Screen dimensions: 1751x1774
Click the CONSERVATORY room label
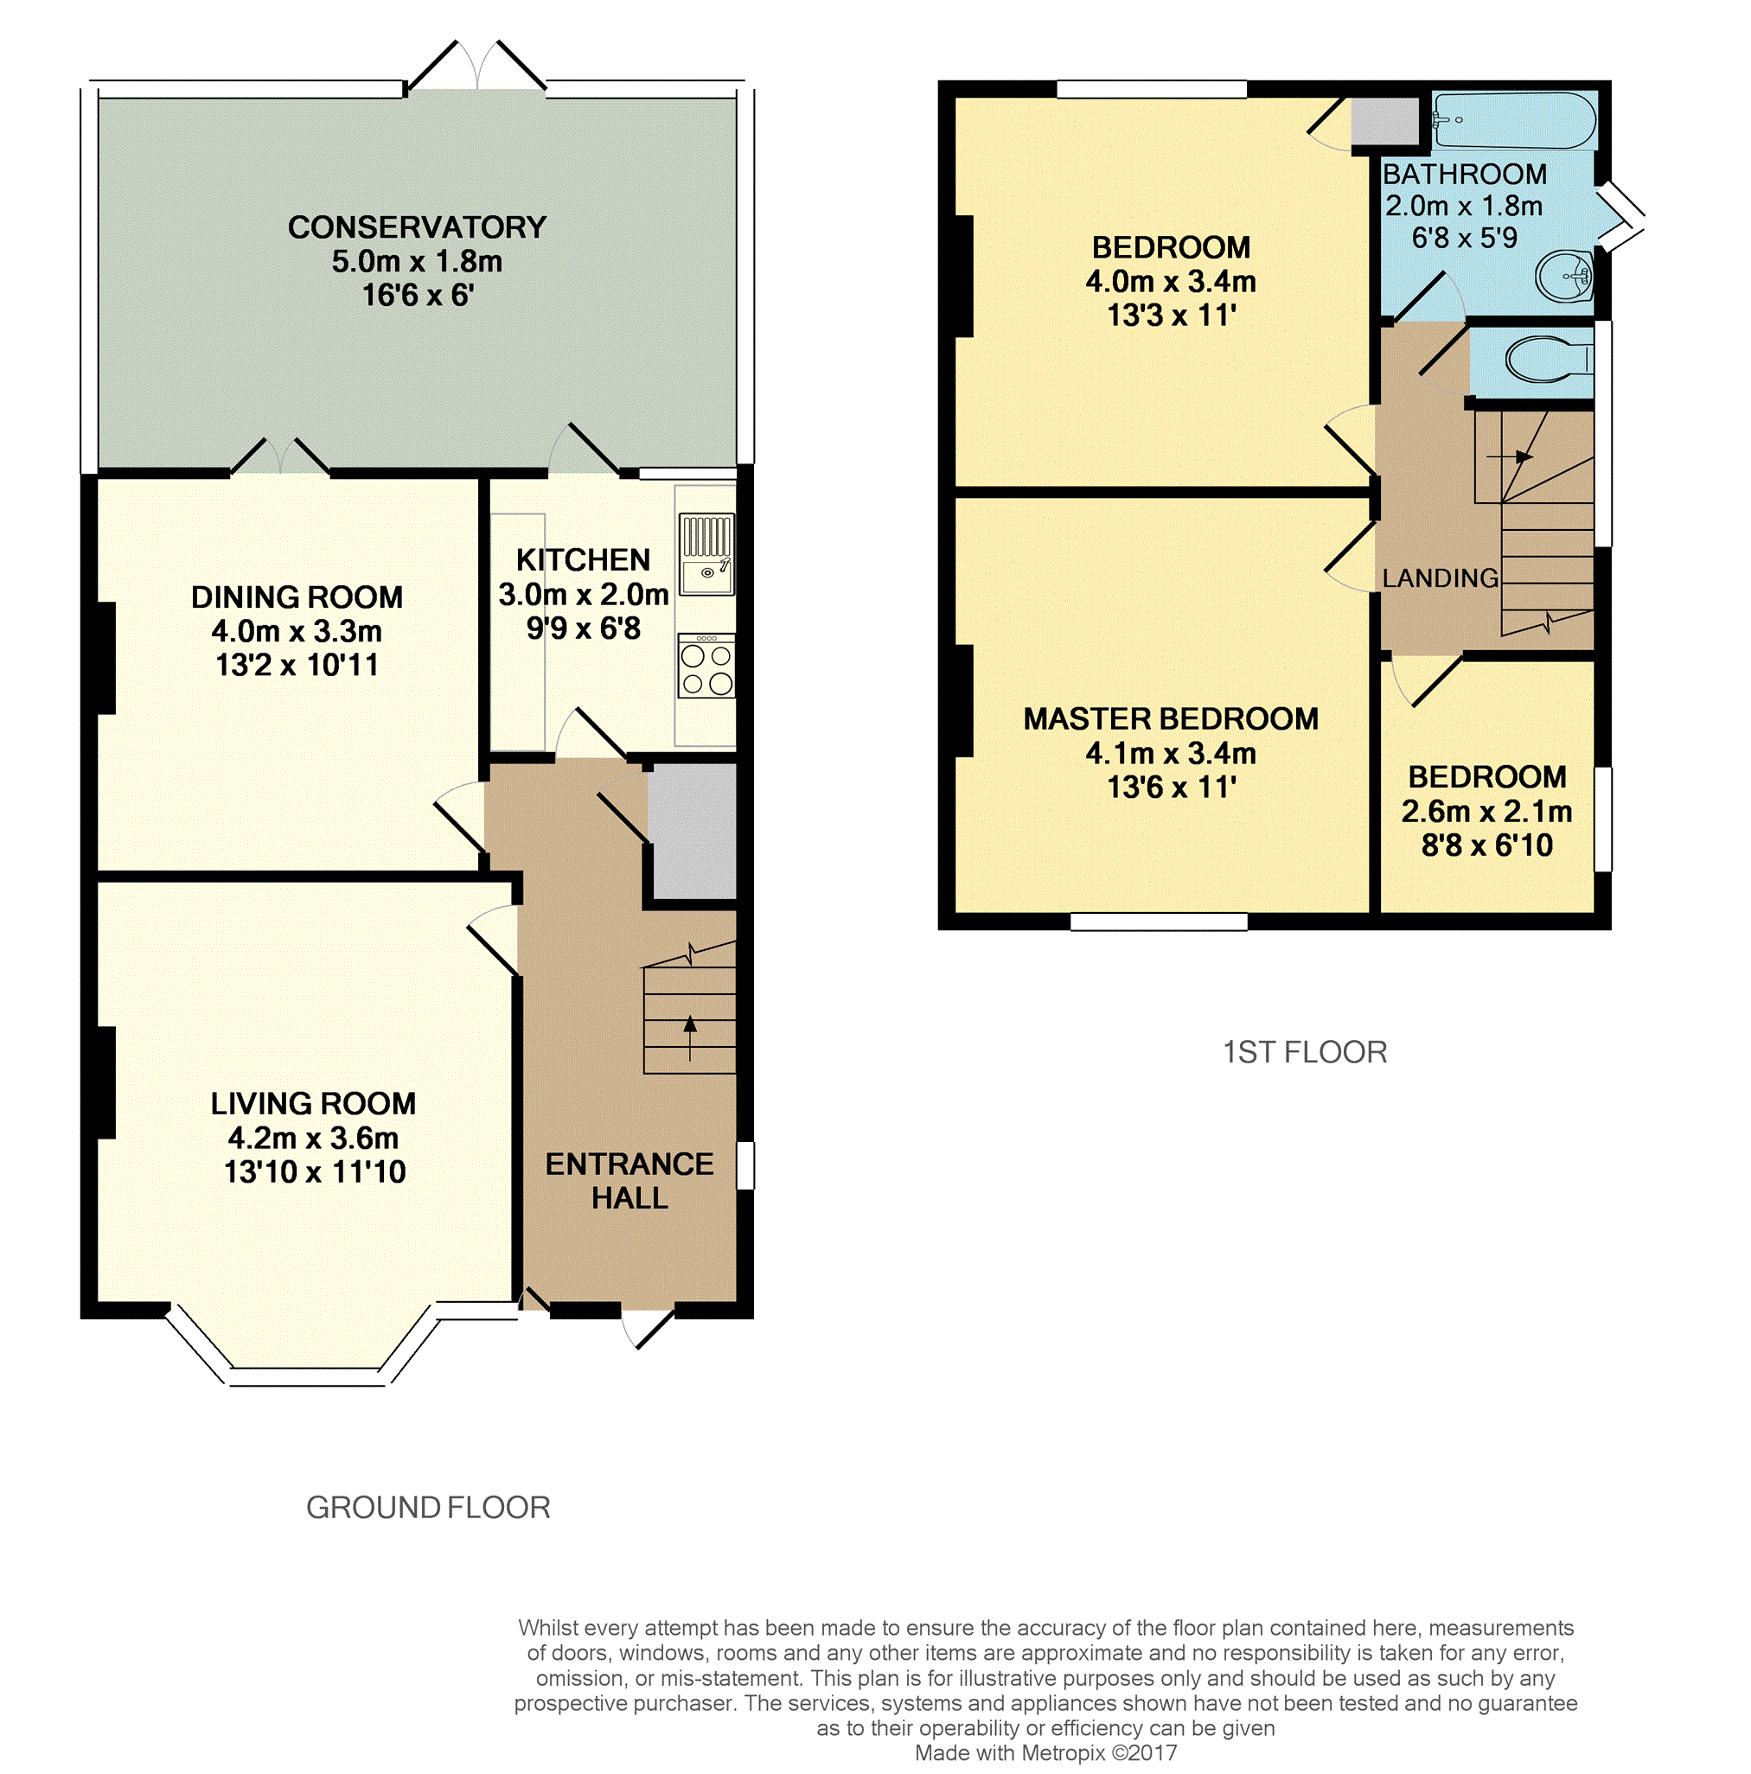click(417, 227)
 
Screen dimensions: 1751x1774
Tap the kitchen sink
click(706, 555)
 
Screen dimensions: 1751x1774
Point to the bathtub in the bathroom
click(1513, 120)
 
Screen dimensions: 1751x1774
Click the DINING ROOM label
click(297, 597)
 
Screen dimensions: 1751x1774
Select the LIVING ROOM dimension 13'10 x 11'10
click(315, 1171)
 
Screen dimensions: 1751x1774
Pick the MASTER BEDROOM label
click(1171, 718)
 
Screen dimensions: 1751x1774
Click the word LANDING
click(1440, 578)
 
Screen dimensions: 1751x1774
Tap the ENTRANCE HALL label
click(629, 1181)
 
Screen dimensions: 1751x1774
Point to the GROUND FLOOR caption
click(428, 1508)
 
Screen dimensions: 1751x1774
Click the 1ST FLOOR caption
click(1305, 1052)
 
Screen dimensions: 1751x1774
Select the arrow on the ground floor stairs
click(689, 1037)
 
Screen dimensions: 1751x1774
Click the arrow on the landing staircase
click(1511, 456)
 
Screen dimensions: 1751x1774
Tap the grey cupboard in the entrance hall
click(693, 831)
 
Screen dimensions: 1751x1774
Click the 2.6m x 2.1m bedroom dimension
click(1486, 812)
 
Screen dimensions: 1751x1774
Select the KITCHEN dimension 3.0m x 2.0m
click(583, 595)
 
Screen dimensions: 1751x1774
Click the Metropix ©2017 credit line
click(1045, 1753)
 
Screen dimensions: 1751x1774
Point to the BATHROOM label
click(1465, 174)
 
